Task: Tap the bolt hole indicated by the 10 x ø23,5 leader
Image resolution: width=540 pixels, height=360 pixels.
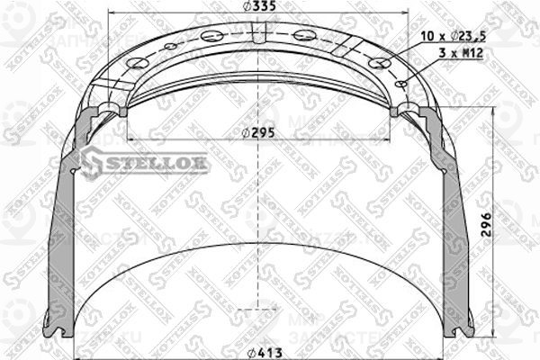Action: point(382,62)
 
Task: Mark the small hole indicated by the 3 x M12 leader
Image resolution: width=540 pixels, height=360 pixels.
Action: point(404,84)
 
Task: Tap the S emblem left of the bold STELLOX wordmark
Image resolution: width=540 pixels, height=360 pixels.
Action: point(93,161)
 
